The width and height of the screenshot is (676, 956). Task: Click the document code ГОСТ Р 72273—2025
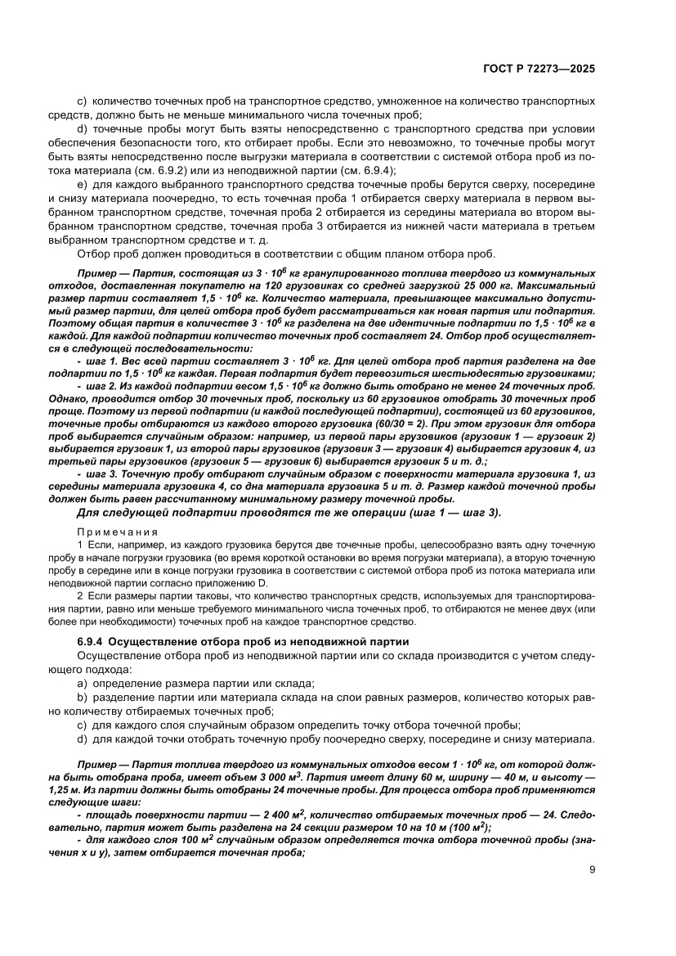pos(535,69)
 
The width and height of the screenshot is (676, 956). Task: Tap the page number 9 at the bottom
pos(591,869)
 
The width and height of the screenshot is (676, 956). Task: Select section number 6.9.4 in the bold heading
pos(89,640)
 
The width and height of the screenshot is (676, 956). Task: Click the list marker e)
pos(82,185)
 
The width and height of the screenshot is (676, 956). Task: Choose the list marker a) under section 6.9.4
pos(82,683)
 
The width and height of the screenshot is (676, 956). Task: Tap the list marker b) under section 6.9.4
pos(82,698)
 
